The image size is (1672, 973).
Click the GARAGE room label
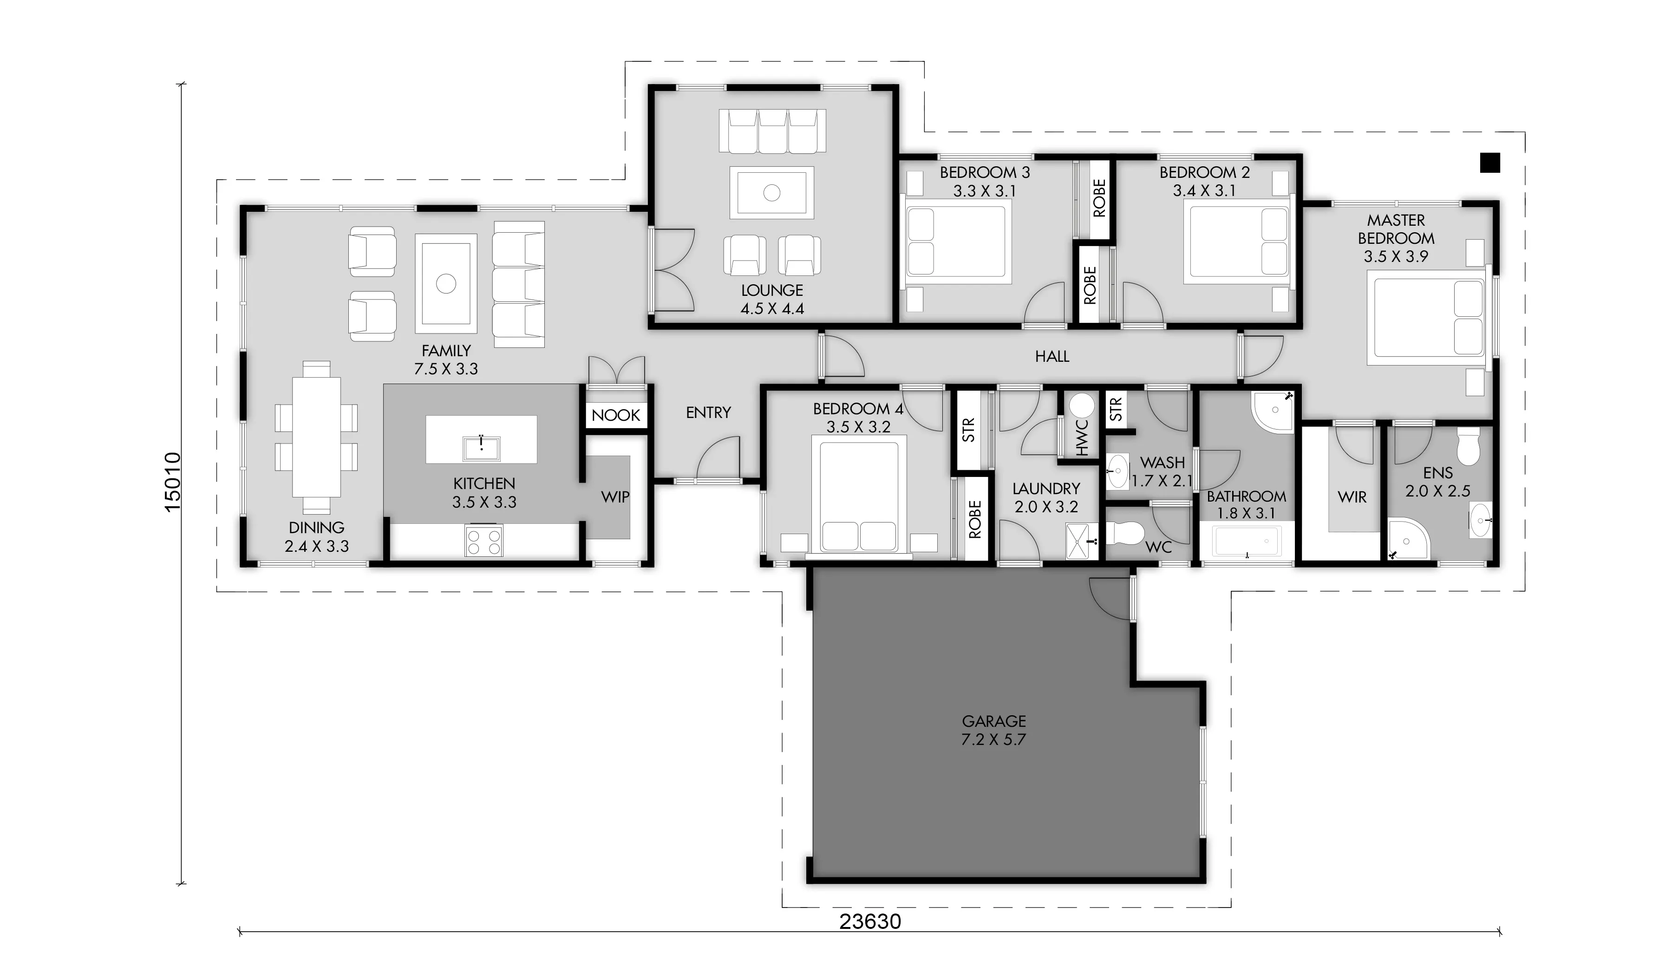tap(993, 721)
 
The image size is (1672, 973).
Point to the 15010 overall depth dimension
tap(172, 481)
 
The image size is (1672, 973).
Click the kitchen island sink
tap(481, 448)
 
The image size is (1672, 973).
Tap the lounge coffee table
tap(771, 192)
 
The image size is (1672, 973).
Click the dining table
tap(316, 438)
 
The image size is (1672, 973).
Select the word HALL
tap(1052, 356)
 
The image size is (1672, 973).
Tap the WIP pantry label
tap(614, 496)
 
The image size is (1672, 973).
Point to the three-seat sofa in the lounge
tap(772, 131)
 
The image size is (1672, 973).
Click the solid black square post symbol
tap(1489, 163)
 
